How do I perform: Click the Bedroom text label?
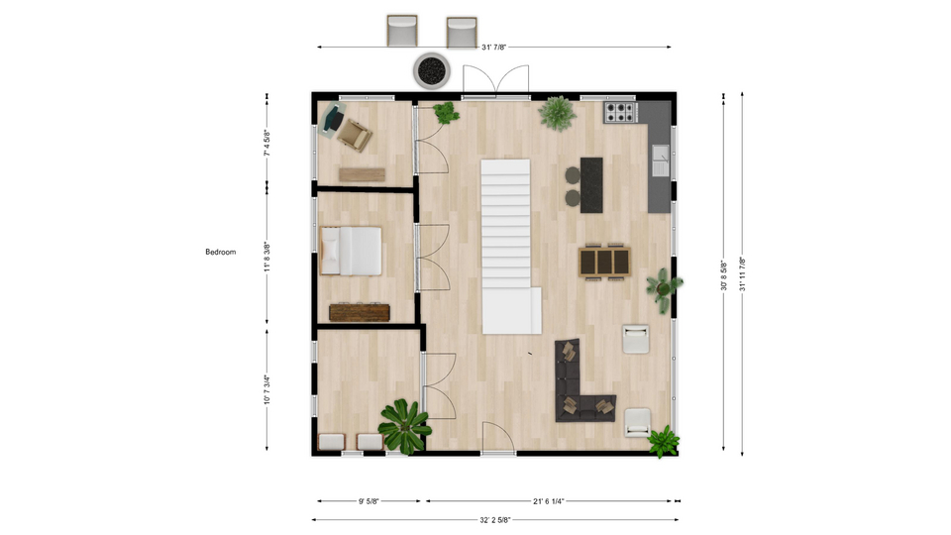220,252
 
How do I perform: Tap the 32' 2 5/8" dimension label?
495,520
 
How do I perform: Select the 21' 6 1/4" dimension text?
549,501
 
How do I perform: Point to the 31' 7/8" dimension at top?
493,48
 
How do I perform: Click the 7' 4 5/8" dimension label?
266,143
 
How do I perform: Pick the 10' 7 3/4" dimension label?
266,389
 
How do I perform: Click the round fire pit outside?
432,70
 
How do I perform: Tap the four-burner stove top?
620,112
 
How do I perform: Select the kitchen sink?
661,160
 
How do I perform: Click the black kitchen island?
591,185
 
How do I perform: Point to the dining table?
604,262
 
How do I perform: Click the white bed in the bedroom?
351,251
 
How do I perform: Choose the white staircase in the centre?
508,247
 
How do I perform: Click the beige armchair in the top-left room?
355,135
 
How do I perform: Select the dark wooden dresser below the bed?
360,312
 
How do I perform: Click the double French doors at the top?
495,81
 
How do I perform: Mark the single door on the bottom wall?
498,437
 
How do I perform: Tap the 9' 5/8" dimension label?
369,501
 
